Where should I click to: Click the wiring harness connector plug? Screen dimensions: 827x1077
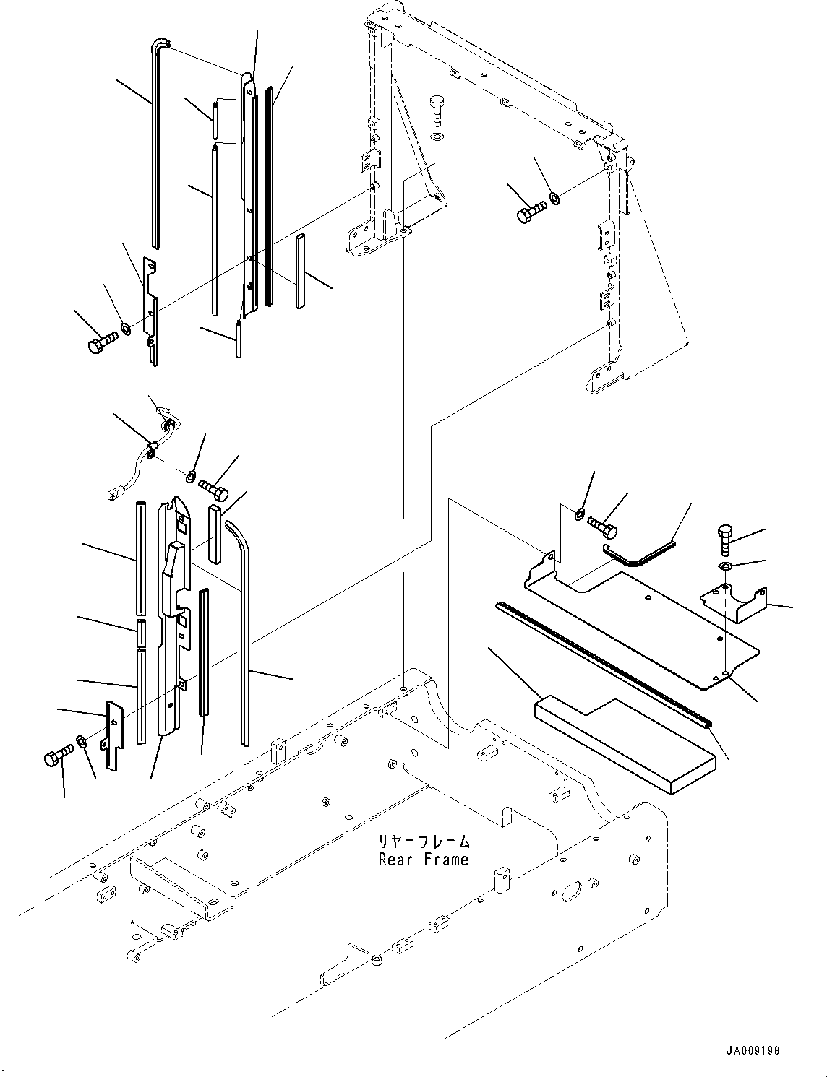[113, 493]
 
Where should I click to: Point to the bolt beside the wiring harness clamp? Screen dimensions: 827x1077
[214, 490]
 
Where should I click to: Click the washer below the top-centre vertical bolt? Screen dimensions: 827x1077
[437, 137]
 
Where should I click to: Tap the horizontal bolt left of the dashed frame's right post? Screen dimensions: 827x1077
[532, 212]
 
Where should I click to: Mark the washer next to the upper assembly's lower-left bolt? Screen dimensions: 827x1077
[126, 328]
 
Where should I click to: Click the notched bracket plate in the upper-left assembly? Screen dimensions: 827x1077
[150, 311]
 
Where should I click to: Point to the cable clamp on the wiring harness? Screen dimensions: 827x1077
[150, 449]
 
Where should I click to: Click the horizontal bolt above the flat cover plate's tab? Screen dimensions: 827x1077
[602, 527]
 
